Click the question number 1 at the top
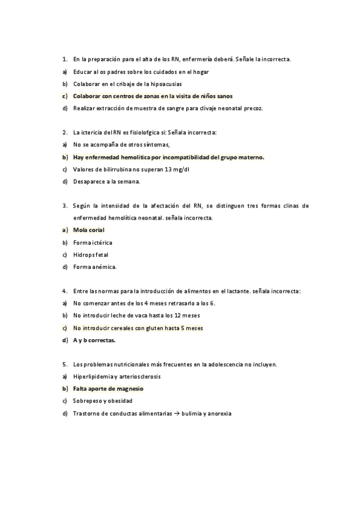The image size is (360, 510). point(64,60)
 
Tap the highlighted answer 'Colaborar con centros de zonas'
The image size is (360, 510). point(153,96)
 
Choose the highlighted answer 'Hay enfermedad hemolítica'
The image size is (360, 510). point(168,157)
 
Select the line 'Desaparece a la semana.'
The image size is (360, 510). point(106,181)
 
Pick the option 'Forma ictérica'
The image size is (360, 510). point(93,242)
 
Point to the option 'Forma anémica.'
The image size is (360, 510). point(94,266)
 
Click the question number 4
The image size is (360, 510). point(64,291)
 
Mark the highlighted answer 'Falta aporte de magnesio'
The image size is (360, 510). point(108,389)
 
